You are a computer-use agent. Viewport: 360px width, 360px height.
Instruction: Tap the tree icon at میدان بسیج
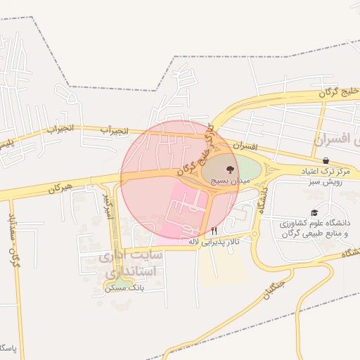229,169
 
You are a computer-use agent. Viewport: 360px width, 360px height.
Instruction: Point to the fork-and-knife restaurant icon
214,230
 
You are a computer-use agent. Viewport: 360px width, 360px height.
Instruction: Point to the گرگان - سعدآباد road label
13,239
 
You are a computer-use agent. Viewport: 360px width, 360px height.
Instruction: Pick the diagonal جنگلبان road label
269,290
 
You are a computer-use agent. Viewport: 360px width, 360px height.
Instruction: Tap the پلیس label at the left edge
6,143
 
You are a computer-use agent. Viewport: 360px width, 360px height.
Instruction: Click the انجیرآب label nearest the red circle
113,130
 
